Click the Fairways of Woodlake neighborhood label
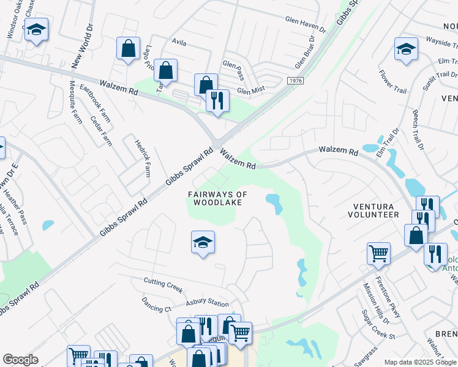point(217,198)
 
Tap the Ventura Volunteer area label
point(373,210)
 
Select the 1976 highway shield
point(295,81)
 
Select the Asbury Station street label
point(208,303)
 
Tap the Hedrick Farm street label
point(143,157)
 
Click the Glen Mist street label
point(250,91)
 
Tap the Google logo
point(20,360)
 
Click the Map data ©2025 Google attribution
point(420,362)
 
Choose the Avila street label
point(179,43)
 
